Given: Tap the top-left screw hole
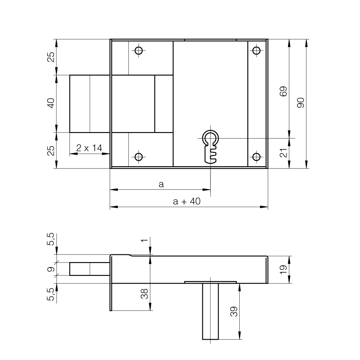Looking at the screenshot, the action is click(139, 50).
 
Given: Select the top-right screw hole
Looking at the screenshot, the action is click(256, 50).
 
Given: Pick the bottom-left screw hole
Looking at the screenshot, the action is click(139, 157).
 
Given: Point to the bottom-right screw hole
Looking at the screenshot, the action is click(256, 157).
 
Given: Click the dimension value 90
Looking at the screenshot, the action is click(301, 103).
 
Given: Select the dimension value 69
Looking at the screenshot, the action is click(284, 91).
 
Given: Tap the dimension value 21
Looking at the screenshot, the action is click(284, 153).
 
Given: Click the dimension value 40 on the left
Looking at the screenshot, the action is click(51, 103).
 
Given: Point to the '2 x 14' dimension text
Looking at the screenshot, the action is click(89, 148).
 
